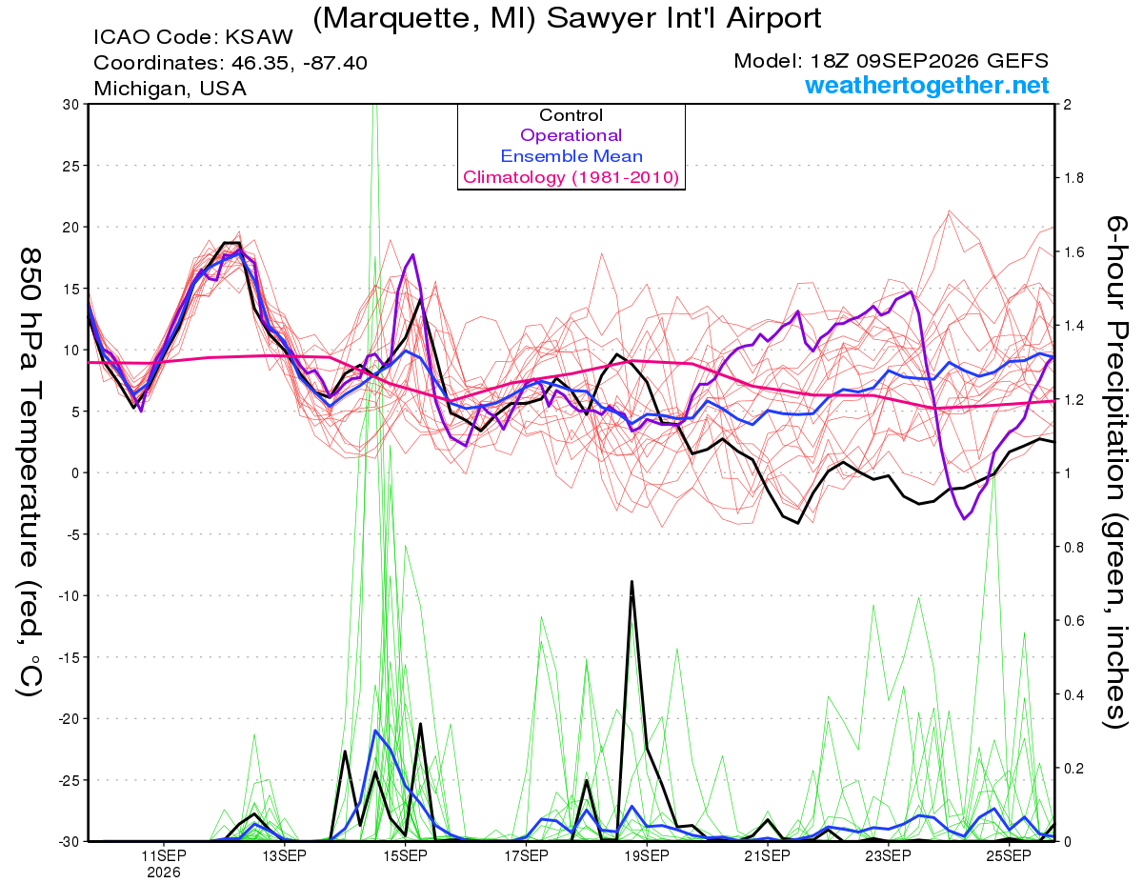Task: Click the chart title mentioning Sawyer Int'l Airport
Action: point(567,18)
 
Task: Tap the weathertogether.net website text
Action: point(926,85)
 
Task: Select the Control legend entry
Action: point(571,115)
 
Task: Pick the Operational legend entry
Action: point(571,135)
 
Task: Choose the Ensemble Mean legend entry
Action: point(571,156)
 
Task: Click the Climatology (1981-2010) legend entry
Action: point(571,177)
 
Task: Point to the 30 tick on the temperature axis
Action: point(71,105)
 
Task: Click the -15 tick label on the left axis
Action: point(68,657)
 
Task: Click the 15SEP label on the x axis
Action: point(405,856)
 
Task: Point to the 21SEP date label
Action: point(767,856)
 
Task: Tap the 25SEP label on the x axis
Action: point(1009,856)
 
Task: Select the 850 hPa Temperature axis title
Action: point(30,472)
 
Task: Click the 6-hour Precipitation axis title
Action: point(1116,472)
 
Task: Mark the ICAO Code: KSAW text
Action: point(193,37)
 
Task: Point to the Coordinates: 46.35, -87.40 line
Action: point(231,63)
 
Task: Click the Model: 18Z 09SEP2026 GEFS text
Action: point(891,61)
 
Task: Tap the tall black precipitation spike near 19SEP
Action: point(632,582)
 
